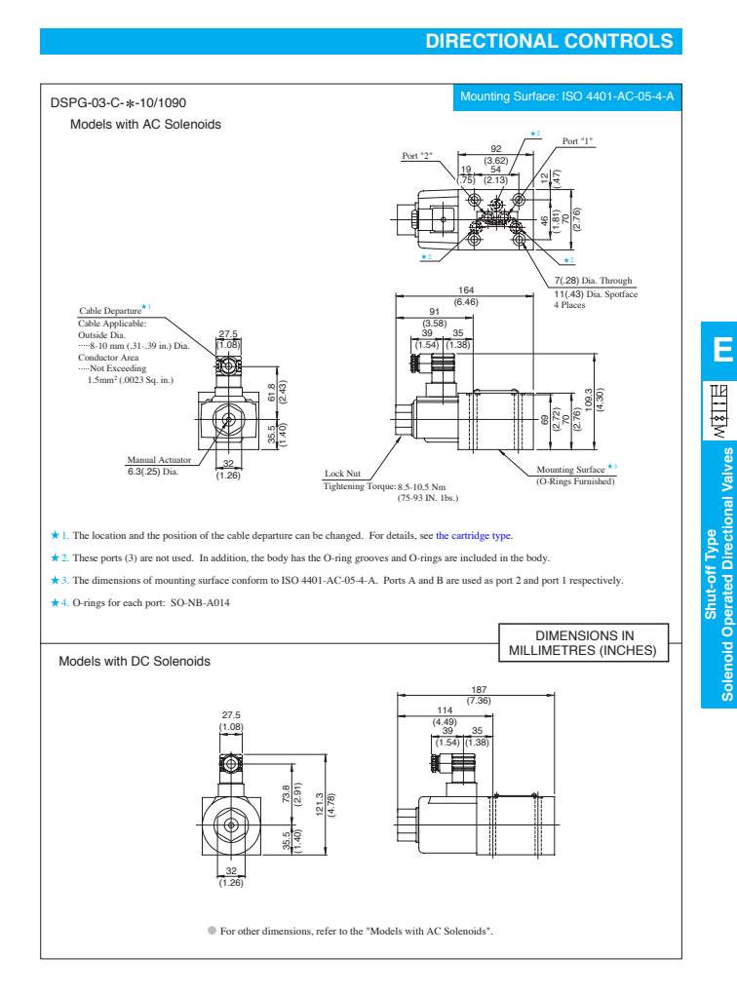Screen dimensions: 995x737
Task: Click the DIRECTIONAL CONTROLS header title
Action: pos(550,41)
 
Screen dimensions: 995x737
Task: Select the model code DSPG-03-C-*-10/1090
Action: pos(118,102)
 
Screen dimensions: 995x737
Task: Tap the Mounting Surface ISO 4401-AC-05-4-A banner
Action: pos(567,96)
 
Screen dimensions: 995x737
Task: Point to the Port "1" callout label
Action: pos(578,141)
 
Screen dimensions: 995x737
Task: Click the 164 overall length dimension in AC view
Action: pos(466,289)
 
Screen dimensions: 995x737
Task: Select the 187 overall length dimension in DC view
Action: pos(479,716)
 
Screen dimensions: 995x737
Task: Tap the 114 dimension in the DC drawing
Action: pos(446,737)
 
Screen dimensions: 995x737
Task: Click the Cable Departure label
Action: pos(109,311)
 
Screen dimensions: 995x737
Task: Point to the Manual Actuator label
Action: pos(159,459)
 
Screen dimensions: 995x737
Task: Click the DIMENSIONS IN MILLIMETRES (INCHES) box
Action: pos(577,615)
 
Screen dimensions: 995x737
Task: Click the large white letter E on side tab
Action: pos(720,350)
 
